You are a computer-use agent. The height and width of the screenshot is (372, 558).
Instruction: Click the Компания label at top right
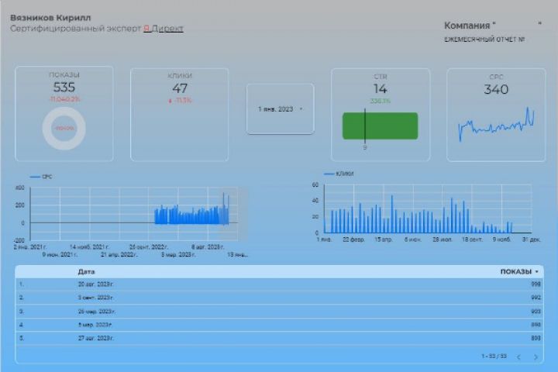click(470, 26)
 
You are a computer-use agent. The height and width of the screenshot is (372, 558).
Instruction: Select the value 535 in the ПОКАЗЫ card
click(64, 88)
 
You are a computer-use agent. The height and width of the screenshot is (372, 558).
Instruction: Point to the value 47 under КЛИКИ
click(180, 88)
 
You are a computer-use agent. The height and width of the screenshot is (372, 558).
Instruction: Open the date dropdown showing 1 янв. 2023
click(280, 109)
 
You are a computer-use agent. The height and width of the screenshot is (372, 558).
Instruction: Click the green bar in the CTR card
click(380, 126)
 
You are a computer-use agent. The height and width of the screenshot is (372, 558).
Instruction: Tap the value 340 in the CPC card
click(495, 89)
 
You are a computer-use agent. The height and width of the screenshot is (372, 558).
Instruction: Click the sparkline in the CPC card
click(495, 125)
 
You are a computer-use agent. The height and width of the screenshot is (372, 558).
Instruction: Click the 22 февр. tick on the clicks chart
click(353, 239)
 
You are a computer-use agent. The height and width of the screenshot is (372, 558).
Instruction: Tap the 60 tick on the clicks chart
click(315, 185)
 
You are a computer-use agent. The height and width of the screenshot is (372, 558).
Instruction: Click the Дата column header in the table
click(86, 272)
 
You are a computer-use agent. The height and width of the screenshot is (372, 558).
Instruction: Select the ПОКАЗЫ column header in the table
click(516, 272)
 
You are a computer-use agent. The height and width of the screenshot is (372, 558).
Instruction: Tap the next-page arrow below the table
click(536, 356)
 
